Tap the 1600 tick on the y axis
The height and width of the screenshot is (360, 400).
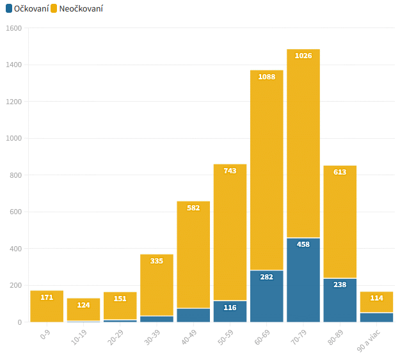14,28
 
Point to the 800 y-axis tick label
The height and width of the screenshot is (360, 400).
16,175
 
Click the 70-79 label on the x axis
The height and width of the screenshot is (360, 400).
301,337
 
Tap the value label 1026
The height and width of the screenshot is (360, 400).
303,56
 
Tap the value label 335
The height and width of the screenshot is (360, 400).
157,261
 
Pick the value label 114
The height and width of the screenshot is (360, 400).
376,299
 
